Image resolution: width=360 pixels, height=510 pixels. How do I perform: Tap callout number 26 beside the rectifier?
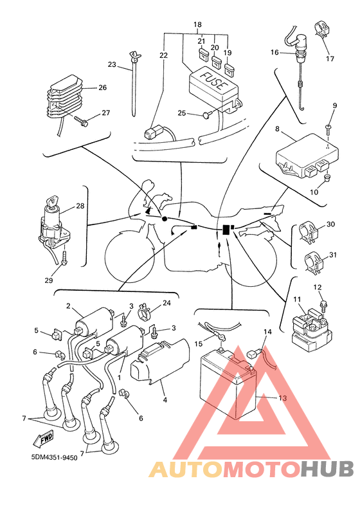102,87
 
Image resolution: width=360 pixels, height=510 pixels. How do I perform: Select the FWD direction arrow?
42,440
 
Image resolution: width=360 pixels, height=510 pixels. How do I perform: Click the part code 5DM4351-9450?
54,458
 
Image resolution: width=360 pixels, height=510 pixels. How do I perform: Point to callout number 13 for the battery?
282,397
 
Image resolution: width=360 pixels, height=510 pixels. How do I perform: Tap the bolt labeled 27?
80,122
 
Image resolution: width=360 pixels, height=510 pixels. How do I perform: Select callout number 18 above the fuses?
197,24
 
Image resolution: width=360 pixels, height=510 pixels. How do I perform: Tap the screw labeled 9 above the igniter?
328,129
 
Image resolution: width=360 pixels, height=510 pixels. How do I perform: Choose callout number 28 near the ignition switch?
80,206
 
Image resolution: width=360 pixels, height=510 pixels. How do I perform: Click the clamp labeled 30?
308,232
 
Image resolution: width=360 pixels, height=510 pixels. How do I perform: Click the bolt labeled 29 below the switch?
64,259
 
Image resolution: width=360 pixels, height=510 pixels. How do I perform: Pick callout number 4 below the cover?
165,399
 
